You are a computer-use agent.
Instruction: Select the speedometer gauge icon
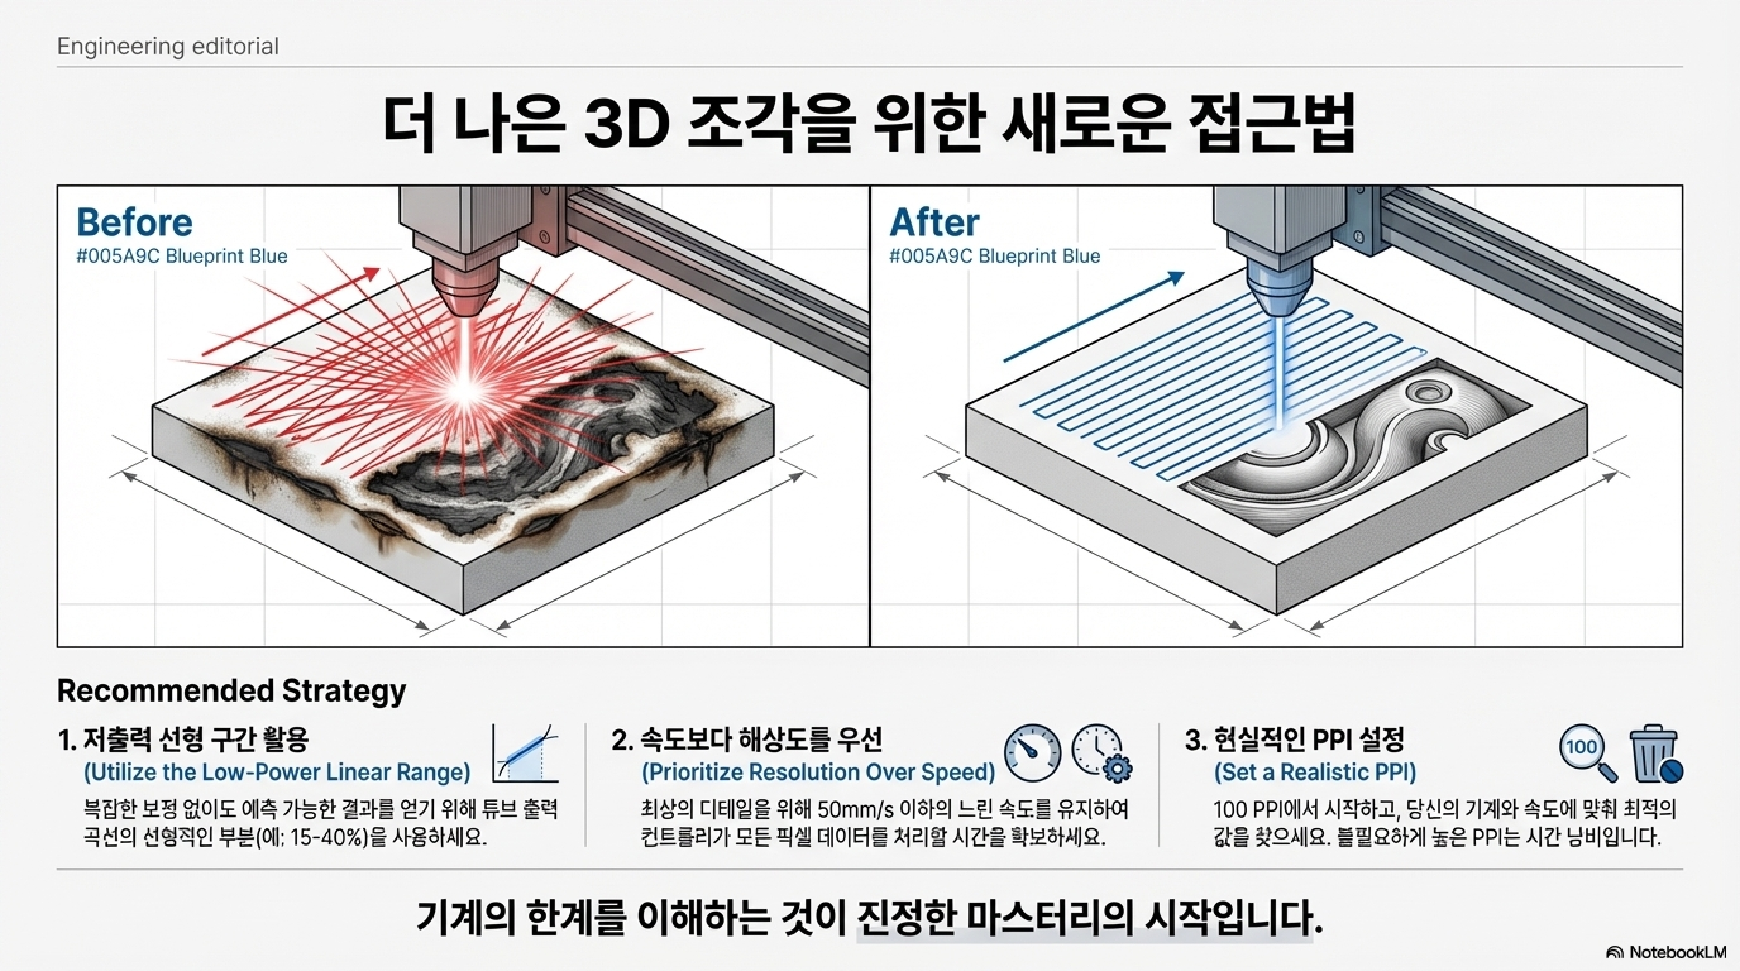click(x=1032, y=753)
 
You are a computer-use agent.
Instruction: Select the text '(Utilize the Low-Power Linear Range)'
click(x=277, y=772)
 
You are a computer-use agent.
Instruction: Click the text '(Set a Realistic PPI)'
click(x=1314, y=772)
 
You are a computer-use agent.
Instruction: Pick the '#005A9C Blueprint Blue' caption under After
click(x=994, y=256)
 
